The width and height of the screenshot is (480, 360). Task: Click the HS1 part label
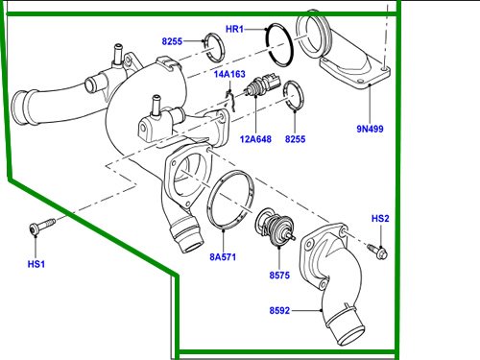tap(36, 263)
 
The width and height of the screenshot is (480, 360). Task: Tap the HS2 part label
tap(380, 220)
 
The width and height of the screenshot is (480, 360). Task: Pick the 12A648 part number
tap(256, 139)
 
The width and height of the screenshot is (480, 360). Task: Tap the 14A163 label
tap(229, 74)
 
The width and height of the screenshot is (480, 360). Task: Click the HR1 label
tap(234, 31)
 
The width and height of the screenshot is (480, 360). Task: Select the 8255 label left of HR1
tap(173, 42)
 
